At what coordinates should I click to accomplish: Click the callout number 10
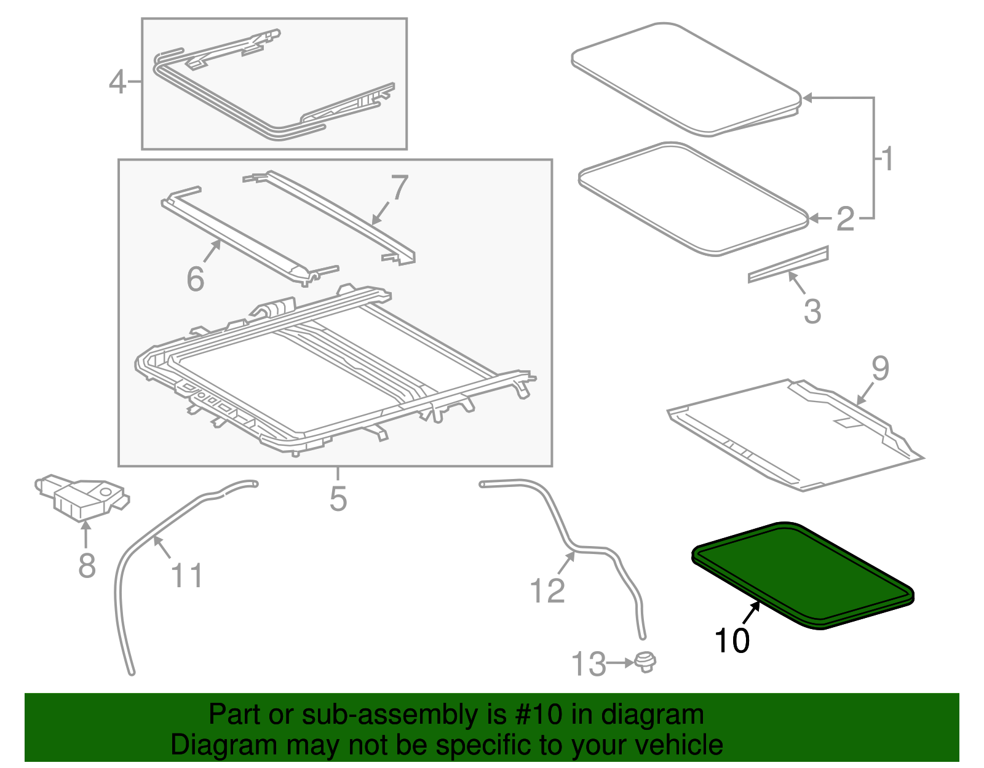click(x=732, y=641)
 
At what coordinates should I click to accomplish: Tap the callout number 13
click(x=589, y=664)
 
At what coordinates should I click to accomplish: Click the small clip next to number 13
click(x=645, y=662)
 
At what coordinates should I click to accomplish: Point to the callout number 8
click(x=87, y=565)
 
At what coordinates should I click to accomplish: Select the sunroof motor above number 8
click(x=80, y=496)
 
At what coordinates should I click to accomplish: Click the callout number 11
click(x=186, y=576)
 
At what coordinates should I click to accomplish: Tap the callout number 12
click(x=547, y=591)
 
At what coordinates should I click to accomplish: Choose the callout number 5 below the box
click(x=338, y=498)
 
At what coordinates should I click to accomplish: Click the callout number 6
click(x=195, y=279)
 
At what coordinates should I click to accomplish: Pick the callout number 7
click(x=400, y=187)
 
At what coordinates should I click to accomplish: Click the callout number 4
click(x=117, y=82)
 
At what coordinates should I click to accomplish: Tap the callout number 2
click(x=846, y=219)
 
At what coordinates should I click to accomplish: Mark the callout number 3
click(x=812, y=311)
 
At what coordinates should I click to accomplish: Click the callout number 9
click(x=880, y=368)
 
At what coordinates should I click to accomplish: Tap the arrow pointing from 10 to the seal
click(x=751, y=614)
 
